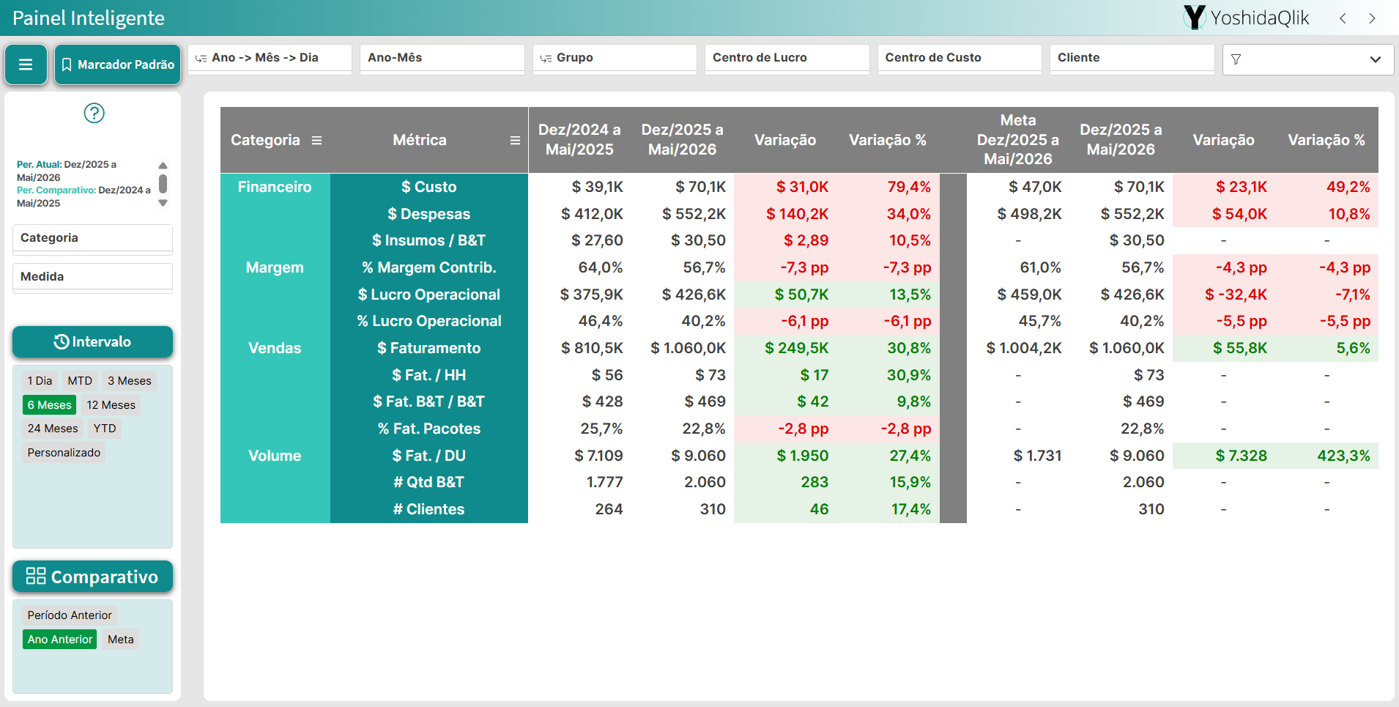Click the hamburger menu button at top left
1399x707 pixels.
click(x=26, y=64)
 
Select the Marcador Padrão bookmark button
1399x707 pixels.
click(x=117, y=64)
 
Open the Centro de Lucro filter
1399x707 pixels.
click(x=787, y=58)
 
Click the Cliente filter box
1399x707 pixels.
click(x=1132, y=58)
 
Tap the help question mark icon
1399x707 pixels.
click(x=94, y=113)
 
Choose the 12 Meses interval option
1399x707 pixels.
click(x=111, y=405)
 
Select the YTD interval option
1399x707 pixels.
click(x=105, y=429)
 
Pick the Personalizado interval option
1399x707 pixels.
click(x=64, y=453)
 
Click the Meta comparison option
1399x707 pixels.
click(x=121, y=640)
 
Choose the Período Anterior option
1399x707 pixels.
click(x=70, y=615)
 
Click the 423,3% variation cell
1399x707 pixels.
click(x=1343, y=456)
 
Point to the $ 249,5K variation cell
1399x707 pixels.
click(x=797, y=348)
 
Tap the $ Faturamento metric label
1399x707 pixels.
click(x=429, y=348)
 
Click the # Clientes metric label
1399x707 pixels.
click(x=429, y=509)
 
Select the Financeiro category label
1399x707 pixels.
click(x=275, y=187)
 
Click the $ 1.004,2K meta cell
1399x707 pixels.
click(x=1024, y=348)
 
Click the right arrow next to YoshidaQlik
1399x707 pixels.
click(x=1373, y=18)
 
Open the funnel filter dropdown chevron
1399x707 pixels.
click(x=1376, y=59)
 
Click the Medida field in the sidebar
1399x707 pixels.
click(x=92, y=277)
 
